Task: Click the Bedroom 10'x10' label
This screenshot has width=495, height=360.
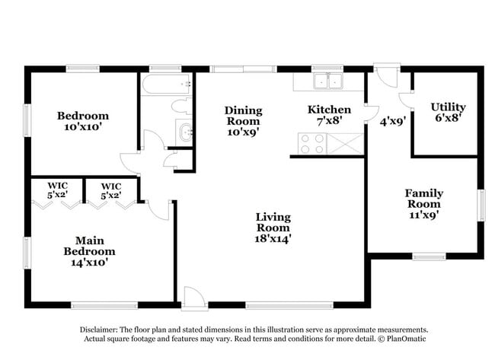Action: click(x=83, y=121)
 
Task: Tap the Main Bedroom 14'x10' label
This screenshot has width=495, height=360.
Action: click(x=89, y=251)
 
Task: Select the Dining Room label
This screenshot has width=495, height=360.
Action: click(x=243, y=116)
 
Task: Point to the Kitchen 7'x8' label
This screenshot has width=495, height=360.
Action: click(x=329, y=114)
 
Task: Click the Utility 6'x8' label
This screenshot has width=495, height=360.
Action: click(x=448, y=112)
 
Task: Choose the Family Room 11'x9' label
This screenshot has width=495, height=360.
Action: click(x=424, y=204)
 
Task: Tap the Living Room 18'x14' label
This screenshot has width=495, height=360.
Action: click(x=272, y=228)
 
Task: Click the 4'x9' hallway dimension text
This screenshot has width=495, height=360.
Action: click(x=393, y=120)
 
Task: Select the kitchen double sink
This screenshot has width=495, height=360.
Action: click(x=328, y=81)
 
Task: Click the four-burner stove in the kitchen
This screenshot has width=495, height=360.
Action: click(x=312, y=143)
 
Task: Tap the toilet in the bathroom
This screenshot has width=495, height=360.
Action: click(x=181, y=106)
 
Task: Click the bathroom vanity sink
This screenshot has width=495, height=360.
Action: click(x=185, y=130)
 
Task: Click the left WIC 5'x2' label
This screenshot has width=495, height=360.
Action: click(x=58, y=190)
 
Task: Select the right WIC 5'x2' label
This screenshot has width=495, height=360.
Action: click(x=111, y=190)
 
